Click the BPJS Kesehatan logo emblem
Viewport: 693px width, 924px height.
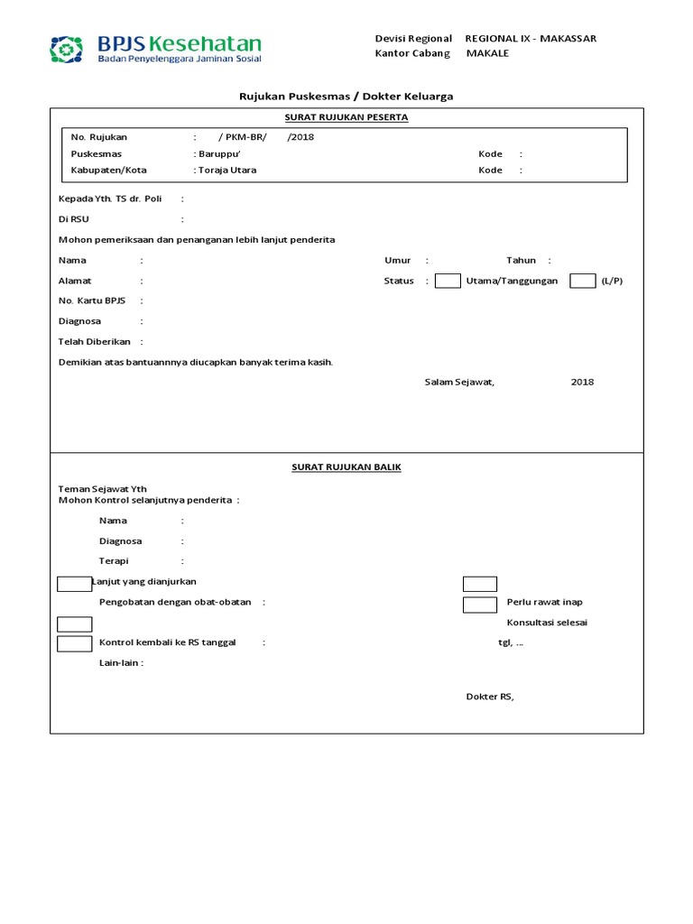pyautogui.click(x=66, y=50)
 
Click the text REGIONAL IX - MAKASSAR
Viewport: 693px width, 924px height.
pyautogui.click(x=530, y=39)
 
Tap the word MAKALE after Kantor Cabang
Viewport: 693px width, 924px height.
pyautogui.click(x=487, y=53)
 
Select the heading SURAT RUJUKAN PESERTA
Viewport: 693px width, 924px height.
pyautogui.click(x=346, y=117)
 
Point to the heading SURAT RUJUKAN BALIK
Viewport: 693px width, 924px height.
pyautogui.click(x=346, y=467)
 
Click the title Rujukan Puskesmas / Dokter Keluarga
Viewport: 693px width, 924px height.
pyautogui.click(x=346, y=96)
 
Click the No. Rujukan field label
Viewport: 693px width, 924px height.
pyautogui.click(x=99, y=137)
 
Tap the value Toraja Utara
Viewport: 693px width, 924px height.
pyautogui.click(x=226, y=170)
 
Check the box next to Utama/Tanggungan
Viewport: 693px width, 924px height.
pyautogui.click(x=448, y=281)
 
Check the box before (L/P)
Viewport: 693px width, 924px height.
pyautogui.click(x=583, y=281)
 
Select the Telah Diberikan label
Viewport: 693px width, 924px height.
pyautogui.click(x=95, y=342)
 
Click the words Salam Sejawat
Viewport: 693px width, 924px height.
pyautogui.click(x=459, y=382)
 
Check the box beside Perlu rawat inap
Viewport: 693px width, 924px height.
pyautogui.click(x=480, y=604)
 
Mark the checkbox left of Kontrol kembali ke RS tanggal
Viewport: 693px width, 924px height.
pyautogui.click(x=74, y=643)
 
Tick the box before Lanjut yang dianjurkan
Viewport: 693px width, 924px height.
pyautogui.click(x=74, y=583)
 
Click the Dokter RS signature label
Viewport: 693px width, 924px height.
pyautogui.click(x=490, y=697)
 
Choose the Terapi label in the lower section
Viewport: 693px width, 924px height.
pyautogui.click(x=114, y=561)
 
